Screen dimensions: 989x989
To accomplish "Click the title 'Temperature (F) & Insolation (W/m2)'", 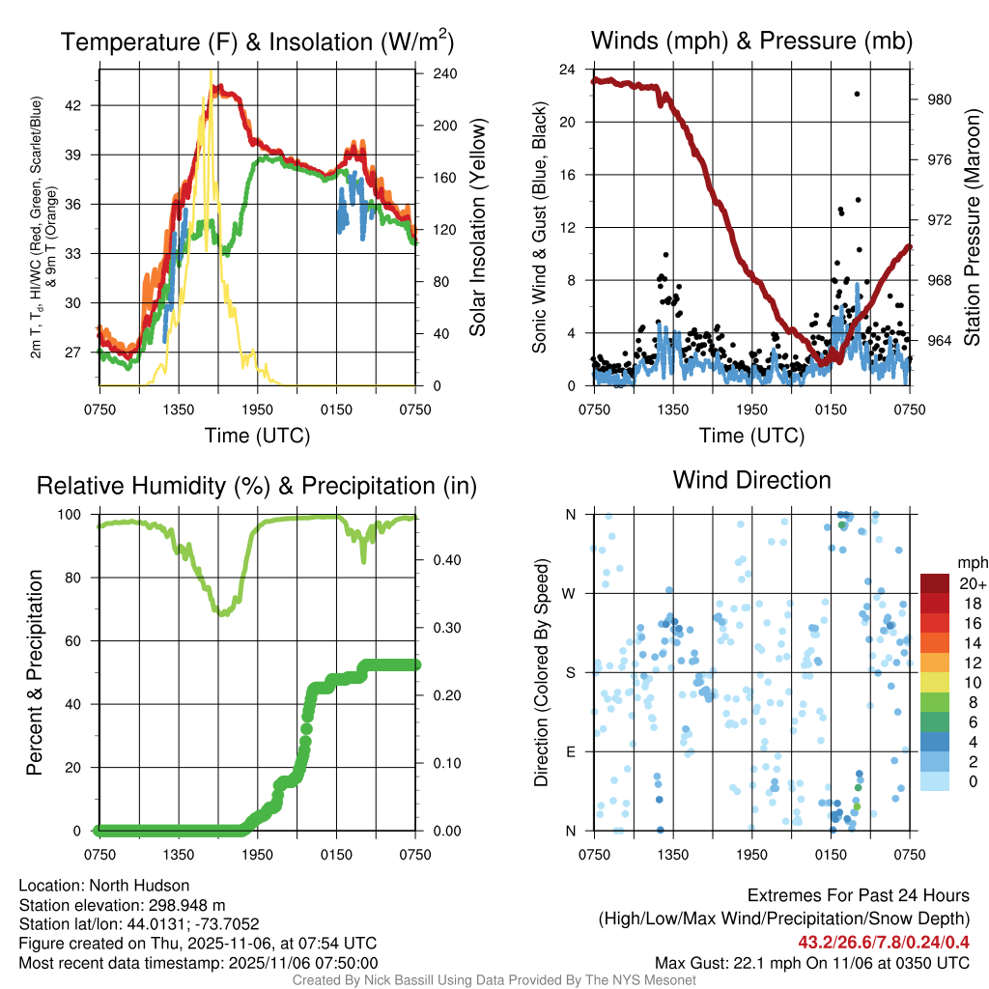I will [256, 42].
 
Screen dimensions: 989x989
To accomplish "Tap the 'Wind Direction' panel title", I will [751, 480].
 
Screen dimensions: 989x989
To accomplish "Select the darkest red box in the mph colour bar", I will [935, 583].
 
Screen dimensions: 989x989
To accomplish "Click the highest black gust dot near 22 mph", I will [857, 94].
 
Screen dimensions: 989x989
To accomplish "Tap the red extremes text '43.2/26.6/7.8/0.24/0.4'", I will [884, 943].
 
